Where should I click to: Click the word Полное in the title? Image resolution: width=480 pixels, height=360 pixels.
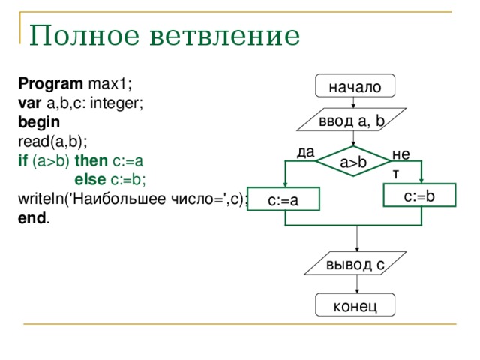click(84, 35)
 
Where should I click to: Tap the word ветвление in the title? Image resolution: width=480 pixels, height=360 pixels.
click(225, 36)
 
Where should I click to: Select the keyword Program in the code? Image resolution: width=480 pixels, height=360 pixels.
click(50, 84)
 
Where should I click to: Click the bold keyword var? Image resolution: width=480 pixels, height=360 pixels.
click(29, 103)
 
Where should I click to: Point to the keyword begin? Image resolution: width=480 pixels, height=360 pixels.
click(39, 122)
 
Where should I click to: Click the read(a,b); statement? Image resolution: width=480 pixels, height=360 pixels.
click(52, 142)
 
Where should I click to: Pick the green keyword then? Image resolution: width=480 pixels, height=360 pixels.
click(91, 160)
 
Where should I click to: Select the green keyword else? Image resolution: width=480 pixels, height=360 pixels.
click(90, 180)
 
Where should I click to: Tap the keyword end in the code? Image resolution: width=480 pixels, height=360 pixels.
click(32, 218)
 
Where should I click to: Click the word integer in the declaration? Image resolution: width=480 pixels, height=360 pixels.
click(116, 103)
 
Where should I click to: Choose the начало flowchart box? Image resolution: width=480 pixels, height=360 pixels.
click(355, 85)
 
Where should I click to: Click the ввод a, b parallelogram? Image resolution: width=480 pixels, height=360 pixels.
click(352, 120)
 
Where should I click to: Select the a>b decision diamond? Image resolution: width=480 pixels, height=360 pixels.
click(353, 161)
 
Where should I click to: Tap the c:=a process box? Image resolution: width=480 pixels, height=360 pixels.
click(283, 199)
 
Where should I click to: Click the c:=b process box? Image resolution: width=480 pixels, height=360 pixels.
click(420, 195)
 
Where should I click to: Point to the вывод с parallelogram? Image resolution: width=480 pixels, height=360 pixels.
click(355, 263)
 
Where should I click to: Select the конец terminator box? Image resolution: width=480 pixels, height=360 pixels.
click(355, 305)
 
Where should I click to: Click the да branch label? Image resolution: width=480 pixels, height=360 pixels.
click(305, 152)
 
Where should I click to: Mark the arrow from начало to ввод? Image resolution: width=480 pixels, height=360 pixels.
click(353, 103)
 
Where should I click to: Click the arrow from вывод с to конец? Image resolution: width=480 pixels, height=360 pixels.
click(357, 284)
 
